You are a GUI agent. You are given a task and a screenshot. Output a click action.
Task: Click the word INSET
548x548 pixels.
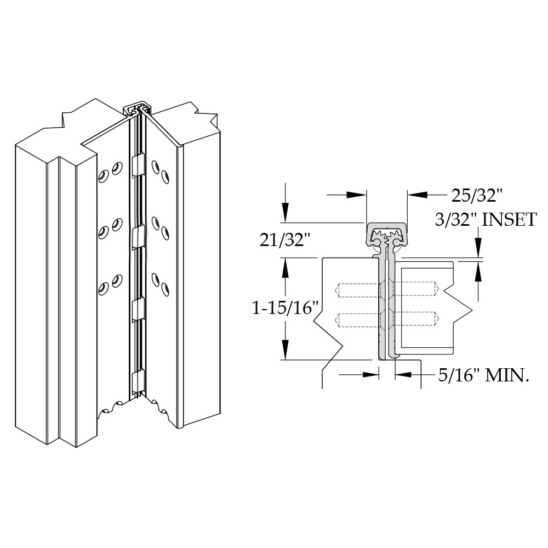point(508,219)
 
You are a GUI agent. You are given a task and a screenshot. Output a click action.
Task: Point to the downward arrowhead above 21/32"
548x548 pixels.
point(285,215)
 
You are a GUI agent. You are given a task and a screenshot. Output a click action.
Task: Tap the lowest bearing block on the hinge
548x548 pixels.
point(138,380)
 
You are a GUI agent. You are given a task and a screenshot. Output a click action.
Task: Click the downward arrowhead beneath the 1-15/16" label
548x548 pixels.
point(285,351)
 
